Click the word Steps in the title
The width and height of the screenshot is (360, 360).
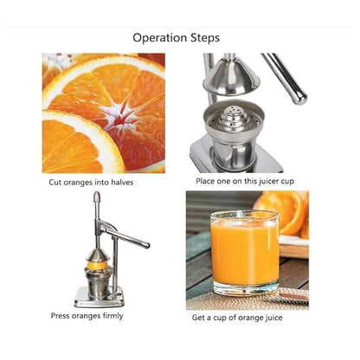pos(202,38)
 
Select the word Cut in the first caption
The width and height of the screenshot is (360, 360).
pos(54,183)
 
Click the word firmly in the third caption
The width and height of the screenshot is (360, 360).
pos(108,316)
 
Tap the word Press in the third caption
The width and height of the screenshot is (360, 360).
pos(60,316)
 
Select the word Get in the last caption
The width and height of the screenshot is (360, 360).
pos(199,318)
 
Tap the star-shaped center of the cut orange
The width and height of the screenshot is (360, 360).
pos(110,111)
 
